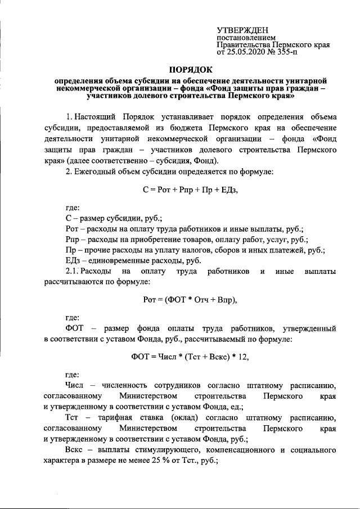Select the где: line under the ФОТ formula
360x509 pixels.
coord(73,373)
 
